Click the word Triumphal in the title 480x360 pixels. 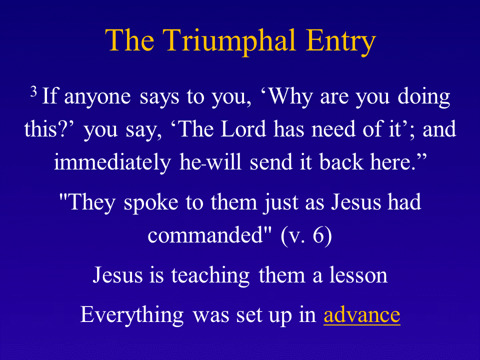point(229,41)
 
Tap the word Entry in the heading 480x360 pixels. point(340,41)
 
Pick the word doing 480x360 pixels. point(423,97)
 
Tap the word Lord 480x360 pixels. point(243,129)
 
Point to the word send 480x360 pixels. point(271,161)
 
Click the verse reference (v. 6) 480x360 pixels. point(306,235)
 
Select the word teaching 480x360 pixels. point(210,275)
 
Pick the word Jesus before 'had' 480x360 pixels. point(356,202)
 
